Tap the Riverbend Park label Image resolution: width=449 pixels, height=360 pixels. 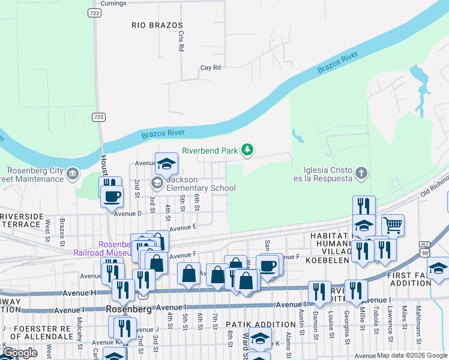click(x=210, y=151)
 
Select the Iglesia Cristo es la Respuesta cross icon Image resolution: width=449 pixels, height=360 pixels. click(x=361, y=174)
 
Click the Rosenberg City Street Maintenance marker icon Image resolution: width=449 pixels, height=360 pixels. click(x=73, y=174)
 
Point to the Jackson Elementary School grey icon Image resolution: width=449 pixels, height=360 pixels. click(x=157, y=182)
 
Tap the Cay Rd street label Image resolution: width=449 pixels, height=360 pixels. click(x=211, y=68)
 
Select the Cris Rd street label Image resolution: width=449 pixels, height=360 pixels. click(x=180, y=40)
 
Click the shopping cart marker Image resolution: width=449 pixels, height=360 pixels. click(x=393, y=226)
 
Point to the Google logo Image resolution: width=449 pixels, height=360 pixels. click(x=20, y=353)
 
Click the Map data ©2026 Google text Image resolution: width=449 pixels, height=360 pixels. click(x=412, y=355)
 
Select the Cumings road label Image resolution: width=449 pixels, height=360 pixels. click(x=113, y=4)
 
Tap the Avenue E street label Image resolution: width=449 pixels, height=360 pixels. click(x=183, y=228)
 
